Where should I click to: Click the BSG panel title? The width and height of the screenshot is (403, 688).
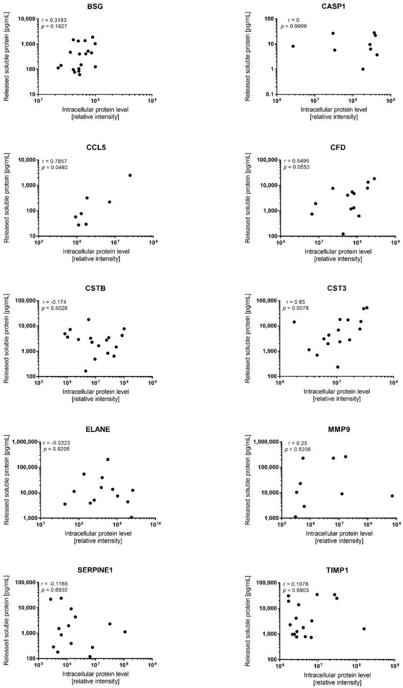point(95,7)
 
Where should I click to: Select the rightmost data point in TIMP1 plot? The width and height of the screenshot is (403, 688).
point(364,629)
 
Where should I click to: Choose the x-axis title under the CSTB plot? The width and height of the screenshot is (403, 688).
point(95,395)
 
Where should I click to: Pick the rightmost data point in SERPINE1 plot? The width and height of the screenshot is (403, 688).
point(125,632)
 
